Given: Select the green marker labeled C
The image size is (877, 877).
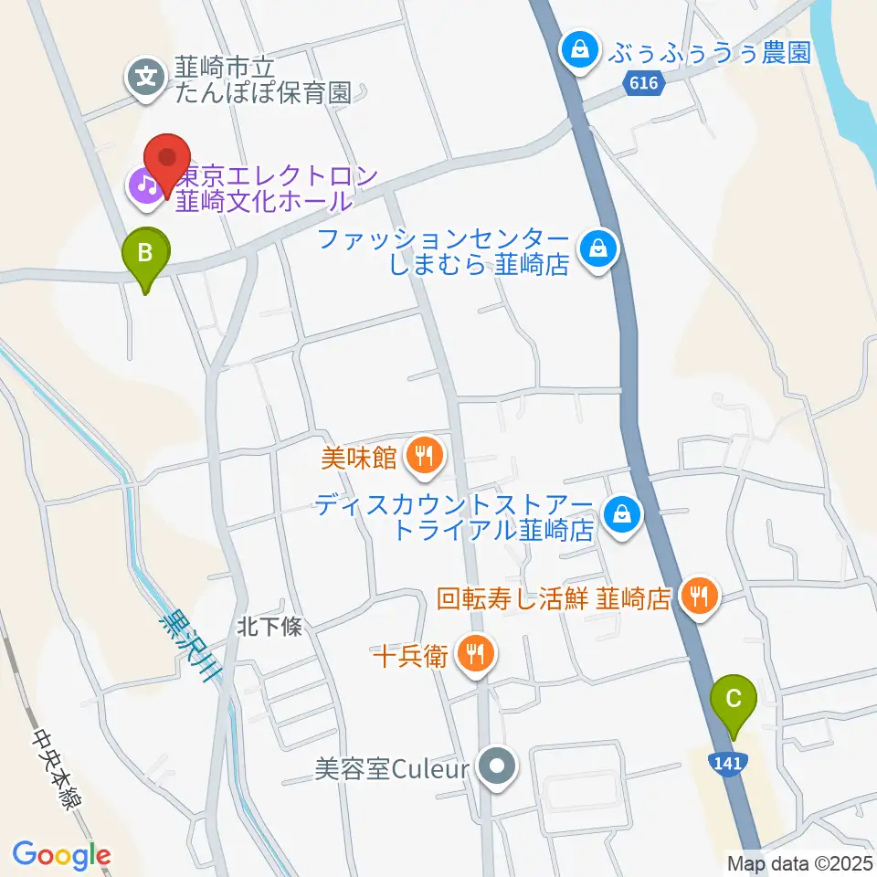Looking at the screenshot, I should [733, 702].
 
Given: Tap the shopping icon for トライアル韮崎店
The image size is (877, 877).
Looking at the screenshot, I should [621, 514].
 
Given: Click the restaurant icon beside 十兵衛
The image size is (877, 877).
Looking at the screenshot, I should [474, 654].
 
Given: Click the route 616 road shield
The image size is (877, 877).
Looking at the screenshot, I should [643, 83].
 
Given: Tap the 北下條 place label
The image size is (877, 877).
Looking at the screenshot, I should [263, 628].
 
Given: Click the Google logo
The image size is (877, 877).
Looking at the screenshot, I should [61, 855].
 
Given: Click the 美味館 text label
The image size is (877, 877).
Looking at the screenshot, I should [358, 457].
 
